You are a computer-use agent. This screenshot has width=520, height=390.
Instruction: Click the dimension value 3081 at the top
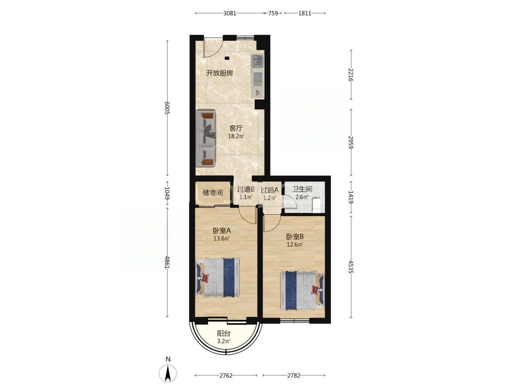230,13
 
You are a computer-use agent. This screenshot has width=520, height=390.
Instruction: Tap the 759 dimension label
273,13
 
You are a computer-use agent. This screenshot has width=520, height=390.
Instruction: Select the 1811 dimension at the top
305,13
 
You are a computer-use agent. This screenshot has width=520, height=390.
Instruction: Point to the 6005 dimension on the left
167,108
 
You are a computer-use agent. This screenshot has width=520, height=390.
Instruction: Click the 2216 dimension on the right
351,75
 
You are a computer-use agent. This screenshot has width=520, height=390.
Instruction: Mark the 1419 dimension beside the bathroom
351,197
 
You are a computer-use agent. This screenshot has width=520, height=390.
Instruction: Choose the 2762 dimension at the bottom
226,376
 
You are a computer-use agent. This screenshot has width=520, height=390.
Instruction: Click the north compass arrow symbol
168,373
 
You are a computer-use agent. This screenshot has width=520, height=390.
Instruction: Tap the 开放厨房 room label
220,73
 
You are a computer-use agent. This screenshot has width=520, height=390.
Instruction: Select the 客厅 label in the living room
236,129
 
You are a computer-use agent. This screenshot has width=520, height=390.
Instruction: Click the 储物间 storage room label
213,192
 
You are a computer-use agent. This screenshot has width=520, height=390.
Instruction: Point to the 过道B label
246,189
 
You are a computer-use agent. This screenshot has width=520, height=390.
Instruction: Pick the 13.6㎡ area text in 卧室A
221,238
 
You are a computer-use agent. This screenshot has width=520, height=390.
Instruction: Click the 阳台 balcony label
224,334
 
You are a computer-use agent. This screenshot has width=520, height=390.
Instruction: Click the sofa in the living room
205,139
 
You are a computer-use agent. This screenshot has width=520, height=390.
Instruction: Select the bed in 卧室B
302,291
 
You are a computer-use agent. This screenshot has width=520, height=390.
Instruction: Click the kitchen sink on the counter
257,61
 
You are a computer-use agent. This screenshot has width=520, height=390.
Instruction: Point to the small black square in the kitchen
227,58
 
